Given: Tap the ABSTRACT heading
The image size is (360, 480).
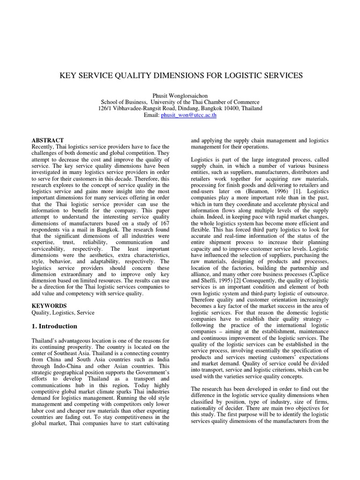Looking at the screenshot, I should [x=47, y=140].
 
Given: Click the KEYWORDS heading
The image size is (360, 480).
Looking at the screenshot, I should [x=49, y=306].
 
